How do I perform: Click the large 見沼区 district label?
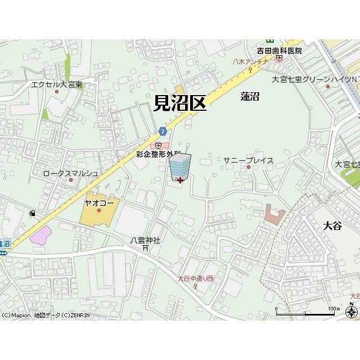pos(179,103)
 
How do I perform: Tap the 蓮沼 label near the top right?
pos(249,97)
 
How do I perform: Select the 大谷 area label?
pos(332,226)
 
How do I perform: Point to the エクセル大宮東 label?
pos(57,85)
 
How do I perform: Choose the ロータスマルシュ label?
pos(71,173)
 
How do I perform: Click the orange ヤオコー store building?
pos(99,211)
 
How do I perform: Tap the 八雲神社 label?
pos(145,240)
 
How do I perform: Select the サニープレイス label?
pos(248,160)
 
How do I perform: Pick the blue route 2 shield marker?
pos(163,131)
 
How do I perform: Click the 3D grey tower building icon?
pos(180,166)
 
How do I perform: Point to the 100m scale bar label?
pos(334,309)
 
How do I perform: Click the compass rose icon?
pos(352,311)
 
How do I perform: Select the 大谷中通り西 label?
pos(195,278)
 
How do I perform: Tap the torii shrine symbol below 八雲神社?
pos(145,247)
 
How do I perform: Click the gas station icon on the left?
pos(32,213)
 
